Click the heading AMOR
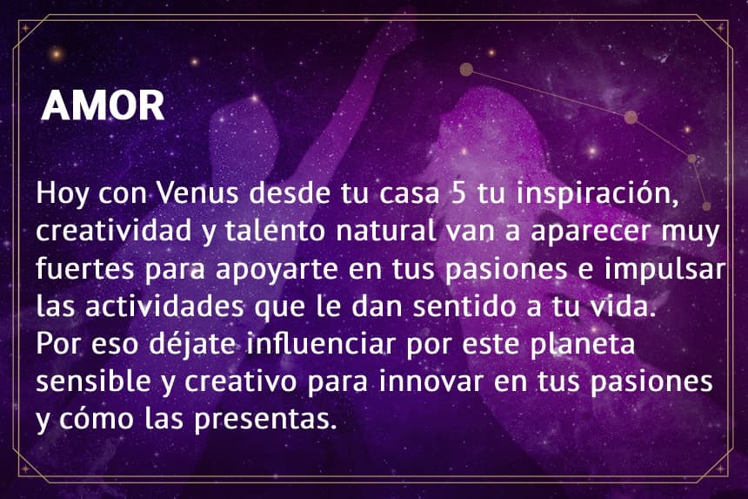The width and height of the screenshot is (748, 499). click(x=103, y=105)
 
